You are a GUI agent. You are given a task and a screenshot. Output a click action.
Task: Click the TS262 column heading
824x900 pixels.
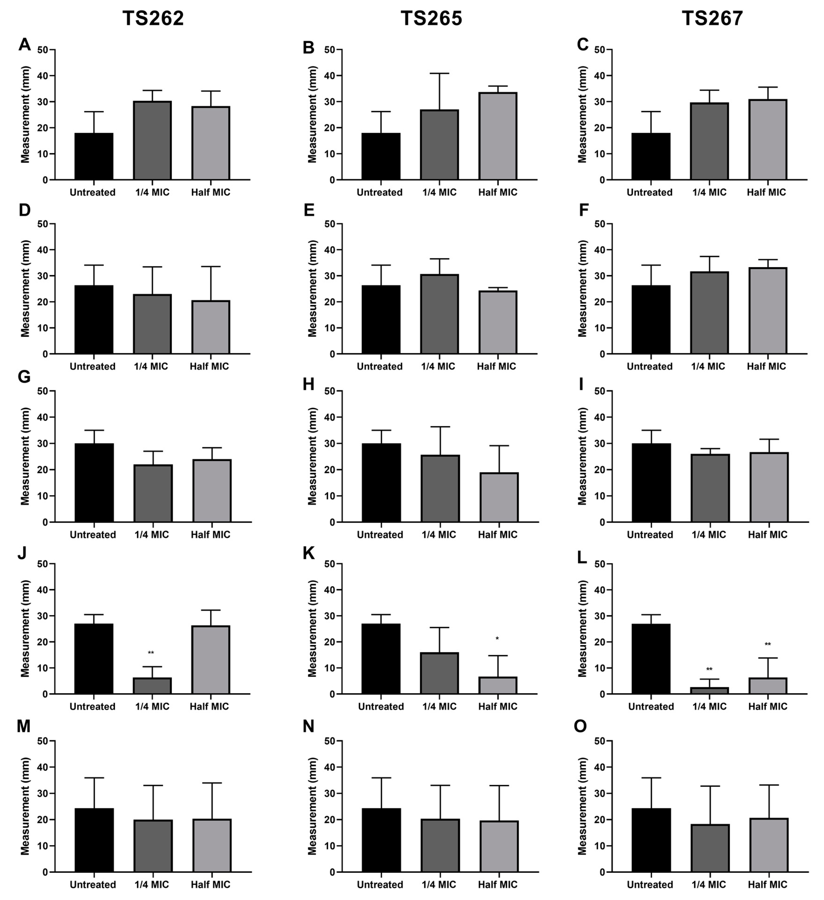[x=153, y=19]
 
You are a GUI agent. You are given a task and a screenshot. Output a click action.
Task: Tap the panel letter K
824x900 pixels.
[x=309, y=553]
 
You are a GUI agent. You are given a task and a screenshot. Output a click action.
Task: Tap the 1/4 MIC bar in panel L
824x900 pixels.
[x=709, y=691]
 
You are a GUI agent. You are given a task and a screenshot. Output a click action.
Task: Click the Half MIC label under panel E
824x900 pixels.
[x=496, y=367]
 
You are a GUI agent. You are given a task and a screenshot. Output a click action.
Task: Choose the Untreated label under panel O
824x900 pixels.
[x=650, y=884]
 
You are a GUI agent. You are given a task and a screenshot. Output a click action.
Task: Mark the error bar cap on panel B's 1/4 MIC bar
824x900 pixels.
[x=439, y=73]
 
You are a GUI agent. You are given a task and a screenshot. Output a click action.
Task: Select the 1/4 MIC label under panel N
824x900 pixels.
[x=439, y=884]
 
